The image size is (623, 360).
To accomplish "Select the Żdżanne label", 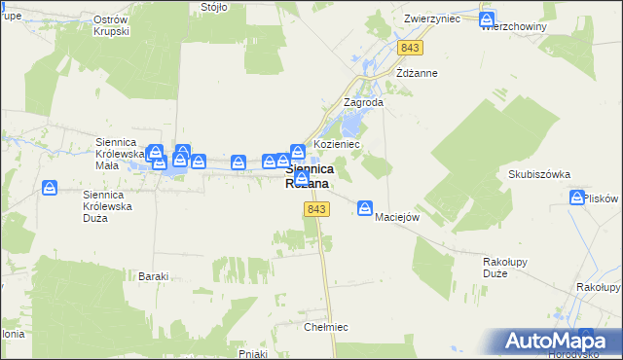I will (x=418, y=73).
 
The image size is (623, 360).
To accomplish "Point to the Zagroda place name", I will (x=364, y=102).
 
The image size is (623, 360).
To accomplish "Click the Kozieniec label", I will (x=338, y=144).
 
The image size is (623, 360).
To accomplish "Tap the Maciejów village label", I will (x=397, y=217).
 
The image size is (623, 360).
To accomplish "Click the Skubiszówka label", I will (x=531, y=175).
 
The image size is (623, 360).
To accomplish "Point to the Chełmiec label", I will (x=326, y=327).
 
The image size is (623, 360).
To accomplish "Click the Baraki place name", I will (x=154, y=277).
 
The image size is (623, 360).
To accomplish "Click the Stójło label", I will (x=213, y=7).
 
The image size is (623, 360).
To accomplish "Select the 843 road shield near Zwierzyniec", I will (x=409, y=48).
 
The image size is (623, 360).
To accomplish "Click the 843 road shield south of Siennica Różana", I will (x=314, y=210).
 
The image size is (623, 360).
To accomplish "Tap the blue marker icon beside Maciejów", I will (x=365, y=206).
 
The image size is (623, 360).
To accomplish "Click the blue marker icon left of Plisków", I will (x=576, y=198).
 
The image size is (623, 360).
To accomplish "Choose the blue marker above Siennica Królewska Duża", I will (x=51, y=188).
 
